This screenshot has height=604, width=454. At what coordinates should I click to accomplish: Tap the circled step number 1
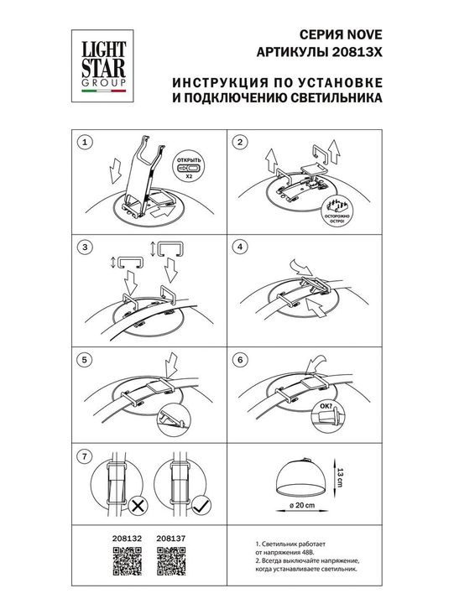[x=82, y=142]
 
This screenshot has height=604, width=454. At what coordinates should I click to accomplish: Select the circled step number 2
[x=240, y=142]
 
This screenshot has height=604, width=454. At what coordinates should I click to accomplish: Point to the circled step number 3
[x=82, y=247]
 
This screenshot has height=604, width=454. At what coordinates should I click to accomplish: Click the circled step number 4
[x=240, y=247]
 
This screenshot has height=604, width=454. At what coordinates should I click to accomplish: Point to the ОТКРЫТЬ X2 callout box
[x=189, y=167]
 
